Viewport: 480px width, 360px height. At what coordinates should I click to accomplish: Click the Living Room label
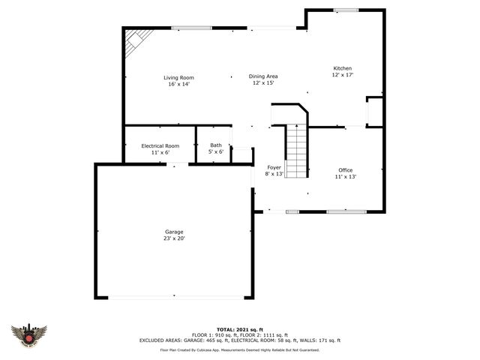(x=178, y=77)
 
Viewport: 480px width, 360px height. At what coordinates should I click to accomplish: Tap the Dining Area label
(x=263, y=76)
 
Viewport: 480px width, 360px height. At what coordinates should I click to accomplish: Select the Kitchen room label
(x=343, y=68)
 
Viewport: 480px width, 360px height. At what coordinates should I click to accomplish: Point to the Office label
(x=345, y=170)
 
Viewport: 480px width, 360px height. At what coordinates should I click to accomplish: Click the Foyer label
(x=274, y=167)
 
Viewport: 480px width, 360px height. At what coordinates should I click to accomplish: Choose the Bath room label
(x=216, y=145)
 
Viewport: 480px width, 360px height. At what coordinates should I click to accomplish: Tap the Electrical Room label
(x=160, y=145)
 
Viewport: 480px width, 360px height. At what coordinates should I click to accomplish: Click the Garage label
(x=174, y=232)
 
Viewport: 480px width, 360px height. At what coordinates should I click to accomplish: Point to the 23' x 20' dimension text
(x=174, y=238)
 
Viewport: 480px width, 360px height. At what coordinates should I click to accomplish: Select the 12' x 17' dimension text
(x=343, y=75)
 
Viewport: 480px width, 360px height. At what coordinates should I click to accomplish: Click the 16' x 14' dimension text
(x=178, y=84)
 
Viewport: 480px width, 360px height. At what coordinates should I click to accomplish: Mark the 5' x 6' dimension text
(x=216, y=151)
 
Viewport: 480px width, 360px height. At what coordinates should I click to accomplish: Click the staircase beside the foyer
(x=297, y=151)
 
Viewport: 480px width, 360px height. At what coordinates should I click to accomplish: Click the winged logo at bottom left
(x=29, y=335)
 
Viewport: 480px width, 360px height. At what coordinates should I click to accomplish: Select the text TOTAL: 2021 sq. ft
(x=239, y=329)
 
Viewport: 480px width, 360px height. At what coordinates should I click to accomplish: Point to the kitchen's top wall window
(x=345, y=10)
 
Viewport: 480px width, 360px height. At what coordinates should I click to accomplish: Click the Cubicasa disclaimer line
(x=239, y=349)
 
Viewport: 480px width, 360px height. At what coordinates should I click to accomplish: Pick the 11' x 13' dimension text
(x=345, y=177)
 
